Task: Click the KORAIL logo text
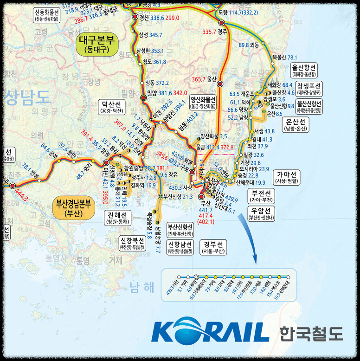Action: point(210,330)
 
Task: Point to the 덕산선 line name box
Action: point(111,108)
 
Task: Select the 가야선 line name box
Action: point(287,177)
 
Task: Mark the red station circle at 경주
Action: point(221,23)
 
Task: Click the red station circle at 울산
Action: point(220,84)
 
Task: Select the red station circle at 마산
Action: point(106,163)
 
